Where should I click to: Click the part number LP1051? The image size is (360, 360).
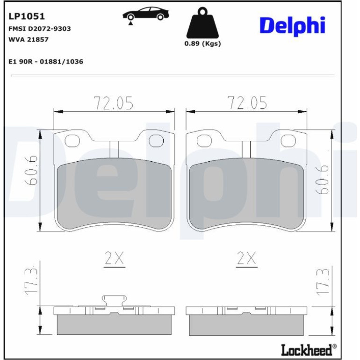coord(26,16)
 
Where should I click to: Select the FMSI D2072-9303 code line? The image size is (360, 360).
coord(39,29)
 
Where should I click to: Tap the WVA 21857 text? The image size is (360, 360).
coord(29,39)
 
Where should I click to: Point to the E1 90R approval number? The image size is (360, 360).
coord(46,62)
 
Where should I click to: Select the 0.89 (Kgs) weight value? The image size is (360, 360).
coord(202,43)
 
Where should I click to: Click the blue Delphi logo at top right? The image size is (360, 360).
coord(293,26)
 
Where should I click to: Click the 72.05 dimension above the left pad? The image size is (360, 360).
coord(114,103)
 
